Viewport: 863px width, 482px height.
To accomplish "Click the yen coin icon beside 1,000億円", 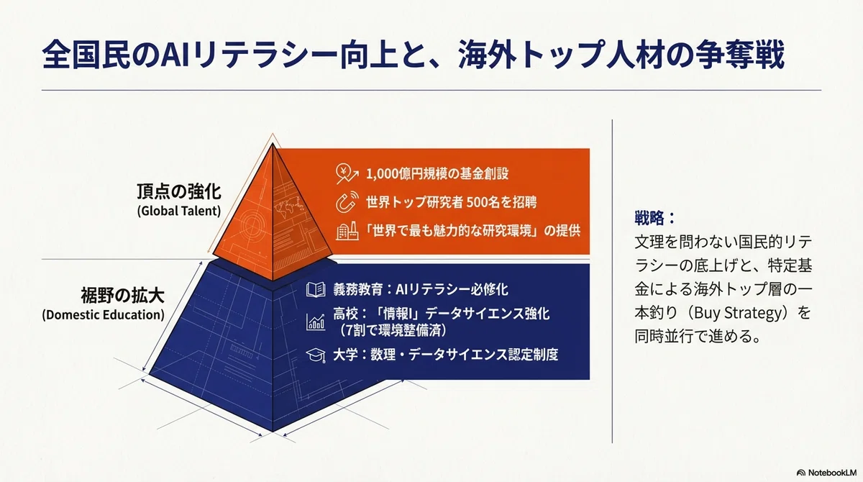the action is tap(347, 173).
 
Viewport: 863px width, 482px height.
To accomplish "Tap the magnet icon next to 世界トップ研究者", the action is tap(347, 202).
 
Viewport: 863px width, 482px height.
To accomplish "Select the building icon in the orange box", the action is tap(347, 231).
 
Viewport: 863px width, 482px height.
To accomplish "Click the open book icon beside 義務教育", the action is tap(316, 290).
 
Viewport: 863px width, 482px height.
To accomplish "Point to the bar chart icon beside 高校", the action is tap(316, 322).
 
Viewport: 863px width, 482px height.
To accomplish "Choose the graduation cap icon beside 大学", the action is tap(316, 355).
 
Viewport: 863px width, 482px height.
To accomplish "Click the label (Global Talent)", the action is tap(179, 211).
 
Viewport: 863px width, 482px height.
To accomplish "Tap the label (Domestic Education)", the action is tap(104, 315).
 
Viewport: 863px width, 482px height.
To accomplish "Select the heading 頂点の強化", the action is tap(179, 191).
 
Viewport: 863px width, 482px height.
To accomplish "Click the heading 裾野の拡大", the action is tap(122, 296).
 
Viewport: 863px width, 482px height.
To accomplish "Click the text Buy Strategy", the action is tap(736, 313).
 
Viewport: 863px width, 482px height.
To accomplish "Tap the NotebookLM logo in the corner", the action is tap(827, 473).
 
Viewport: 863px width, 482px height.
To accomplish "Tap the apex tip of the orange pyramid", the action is tap(273, 143).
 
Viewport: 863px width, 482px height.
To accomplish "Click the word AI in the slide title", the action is tap(174, 54).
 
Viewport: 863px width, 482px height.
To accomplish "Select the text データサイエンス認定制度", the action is tap(483, 355).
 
